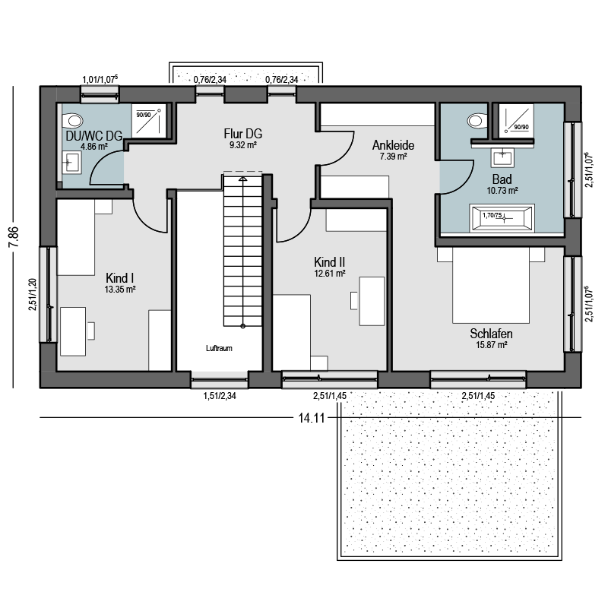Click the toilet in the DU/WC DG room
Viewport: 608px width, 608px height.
click(72, 120)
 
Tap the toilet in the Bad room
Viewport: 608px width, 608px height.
click(477, 121)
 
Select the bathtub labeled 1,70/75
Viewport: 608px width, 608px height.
click(502, 218)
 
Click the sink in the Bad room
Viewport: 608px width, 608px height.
click(502, 157)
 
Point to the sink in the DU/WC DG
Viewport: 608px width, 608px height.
click(71, 162)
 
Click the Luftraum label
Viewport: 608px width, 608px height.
click(219, 348)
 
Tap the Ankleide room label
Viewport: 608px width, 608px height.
click(393, 145)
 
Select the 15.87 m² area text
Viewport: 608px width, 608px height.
click(492, 345)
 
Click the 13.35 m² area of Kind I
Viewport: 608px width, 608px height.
click(120, 290)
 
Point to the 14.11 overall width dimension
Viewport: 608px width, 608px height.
click(311, 418)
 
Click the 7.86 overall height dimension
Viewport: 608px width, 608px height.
click(13, 236)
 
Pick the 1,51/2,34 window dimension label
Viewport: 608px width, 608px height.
click(220, 396)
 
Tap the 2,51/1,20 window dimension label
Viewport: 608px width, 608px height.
click(33, 294)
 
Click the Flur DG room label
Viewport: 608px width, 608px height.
click(242, 134)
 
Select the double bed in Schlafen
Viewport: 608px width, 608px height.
click(491, 285)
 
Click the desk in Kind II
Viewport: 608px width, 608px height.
click(372, 301)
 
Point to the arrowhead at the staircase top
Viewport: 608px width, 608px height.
click(242, 179)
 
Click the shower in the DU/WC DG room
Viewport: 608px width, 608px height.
click(149, 121)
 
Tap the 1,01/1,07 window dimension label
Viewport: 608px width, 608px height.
click(100, 80)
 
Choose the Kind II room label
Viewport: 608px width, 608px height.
click(330, 261)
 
